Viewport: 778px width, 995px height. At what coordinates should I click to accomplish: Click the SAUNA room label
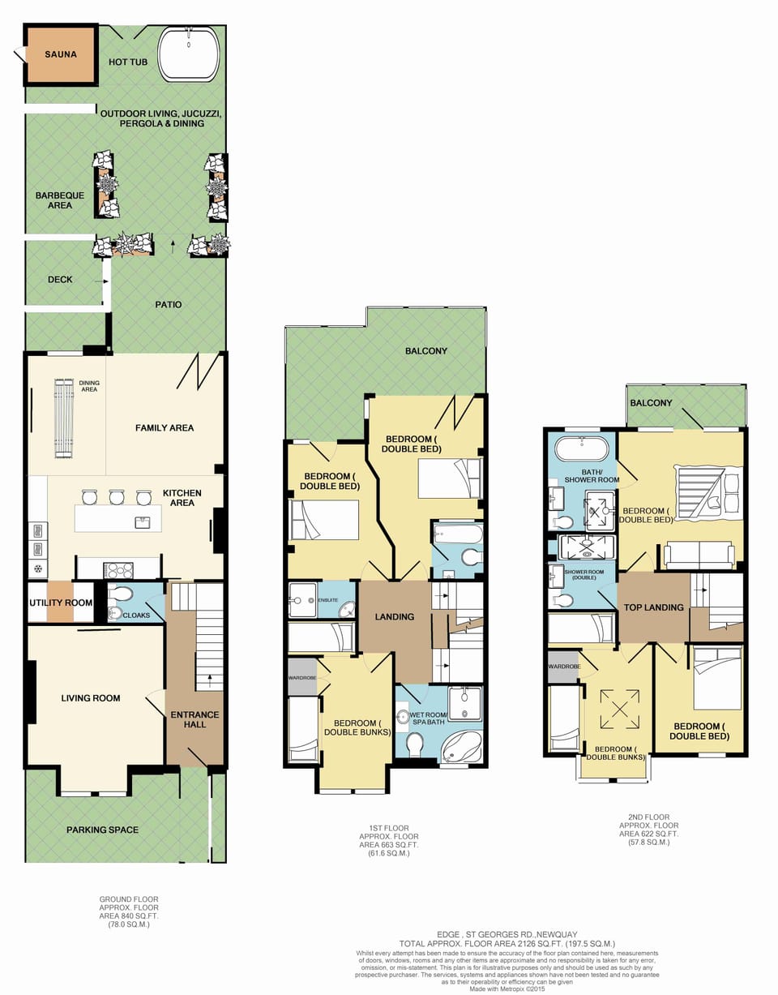tap(61, 55)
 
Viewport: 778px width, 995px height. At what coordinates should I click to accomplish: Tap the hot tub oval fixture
tap(188, 55)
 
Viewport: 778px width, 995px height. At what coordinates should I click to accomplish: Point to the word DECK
tap(60, 280)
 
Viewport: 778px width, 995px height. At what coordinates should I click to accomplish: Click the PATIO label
tap(169, 305)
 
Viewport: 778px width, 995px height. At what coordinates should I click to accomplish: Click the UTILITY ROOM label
tap(61, 603)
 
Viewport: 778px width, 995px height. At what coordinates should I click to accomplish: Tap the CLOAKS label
tap(135, 615)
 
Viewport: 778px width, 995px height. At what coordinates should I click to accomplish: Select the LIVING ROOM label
tap(91, 698)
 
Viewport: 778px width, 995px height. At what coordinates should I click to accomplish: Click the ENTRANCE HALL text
tap(194, 719)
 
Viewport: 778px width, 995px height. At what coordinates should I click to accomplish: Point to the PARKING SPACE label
tap(102, 830)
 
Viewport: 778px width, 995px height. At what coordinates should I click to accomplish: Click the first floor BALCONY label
tap(426, 351)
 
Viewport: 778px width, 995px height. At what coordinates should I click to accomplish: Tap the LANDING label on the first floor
tap(395, 617)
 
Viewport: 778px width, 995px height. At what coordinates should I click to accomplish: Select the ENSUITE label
tap(327, 600)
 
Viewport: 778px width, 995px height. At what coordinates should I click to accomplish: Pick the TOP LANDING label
tap(653, 607)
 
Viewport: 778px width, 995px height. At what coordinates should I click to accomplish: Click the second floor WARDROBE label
tap(564, 667)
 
